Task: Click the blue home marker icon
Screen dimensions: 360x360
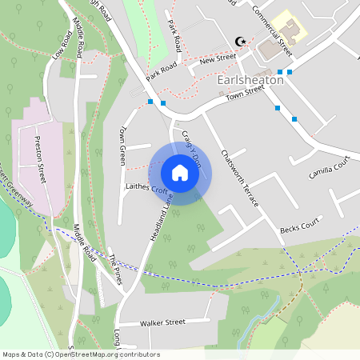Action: [x=180, y=173]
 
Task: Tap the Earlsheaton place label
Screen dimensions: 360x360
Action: [x=250, y=80]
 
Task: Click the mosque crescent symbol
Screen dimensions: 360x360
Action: [x=238, y=41]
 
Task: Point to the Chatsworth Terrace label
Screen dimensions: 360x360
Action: [x=240, y=178]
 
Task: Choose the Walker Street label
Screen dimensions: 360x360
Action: [x=162, y=322]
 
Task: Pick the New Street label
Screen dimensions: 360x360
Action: [x=218, y=59]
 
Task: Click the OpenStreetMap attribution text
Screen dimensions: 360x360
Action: [x=81, y=354]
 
